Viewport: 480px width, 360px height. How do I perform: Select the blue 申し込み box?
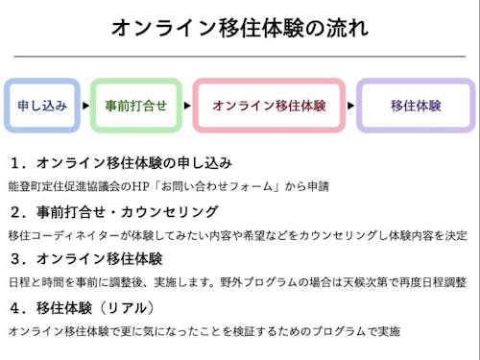point(42,106)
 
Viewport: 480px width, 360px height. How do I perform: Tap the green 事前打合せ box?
point(135,106)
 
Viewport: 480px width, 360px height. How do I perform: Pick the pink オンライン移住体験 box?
point(269,106)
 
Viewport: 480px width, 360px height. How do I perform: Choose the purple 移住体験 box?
point(416,106)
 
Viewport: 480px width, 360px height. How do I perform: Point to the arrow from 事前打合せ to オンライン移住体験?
point(186,106)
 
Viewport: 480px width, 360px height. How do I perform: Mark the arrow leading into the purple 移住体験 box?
point(350,106)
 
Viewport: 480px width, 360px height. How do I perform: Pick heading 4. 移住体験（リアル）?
point(81,308)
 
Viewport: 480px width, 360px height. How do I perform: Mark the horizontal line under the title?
point(239,56)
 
